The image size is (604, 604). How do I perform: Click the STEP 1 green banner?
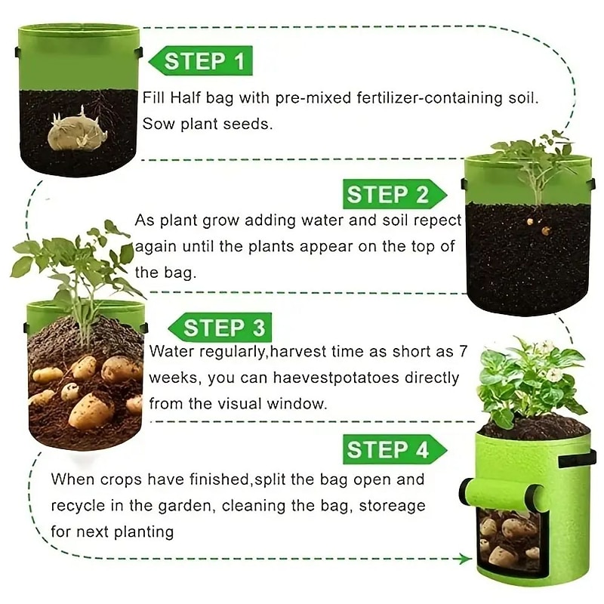(201, 61)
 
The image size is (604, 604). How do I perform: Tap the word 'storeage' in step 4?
(390, 505)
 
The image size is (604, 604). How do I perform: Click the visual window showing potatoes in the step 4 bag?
(509, 540)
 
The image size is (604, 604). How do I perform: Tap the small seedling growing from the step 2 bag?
(535, 162)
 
